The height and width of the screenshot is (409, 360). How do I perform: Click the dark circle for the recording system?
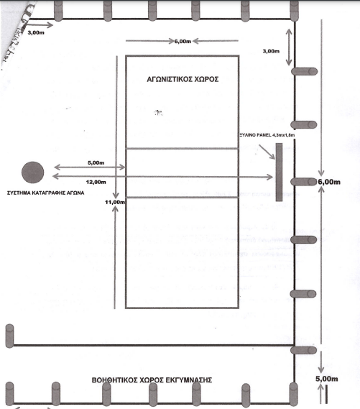32,173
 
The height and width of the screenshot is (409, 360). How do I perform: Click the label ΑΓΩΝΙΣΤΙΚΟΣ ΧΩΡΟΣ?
183,79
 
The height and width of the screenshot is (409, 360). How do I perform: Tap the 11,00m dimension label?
115,202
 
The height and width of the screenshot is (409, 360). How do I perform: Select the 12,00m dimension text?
96,182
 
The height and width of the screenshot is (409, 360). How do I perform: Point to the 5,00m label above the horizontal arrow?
96,162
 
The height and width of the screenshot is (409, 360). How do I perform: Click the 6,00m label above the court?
183,41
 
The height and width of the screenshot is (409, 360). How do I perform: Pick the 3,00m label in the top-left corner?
36,32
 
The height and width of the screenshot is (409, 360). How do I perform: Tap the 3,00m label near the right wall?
271,51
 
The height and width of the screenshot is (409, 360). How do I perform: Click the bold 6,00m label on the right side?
329,182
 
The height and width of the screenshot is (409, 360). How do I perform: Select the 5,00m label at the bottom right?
327,379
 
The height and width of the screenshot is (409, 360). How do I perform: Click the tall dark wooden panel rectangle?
279,173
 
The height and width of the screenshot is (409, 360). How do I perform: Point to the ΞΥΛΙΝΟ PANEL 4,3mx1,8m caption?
267,135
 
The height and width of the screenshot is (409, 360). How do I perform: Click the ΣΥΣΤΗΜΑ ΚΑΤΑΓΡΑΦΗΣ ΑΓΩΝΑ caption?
45,193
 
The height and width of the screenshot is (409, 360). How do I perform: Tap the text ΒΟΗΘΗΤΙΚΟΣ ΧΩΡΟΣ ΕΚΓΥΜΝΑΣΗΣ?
152,380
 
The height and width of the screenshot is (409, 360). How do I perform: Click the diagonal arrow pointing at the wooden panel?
267,152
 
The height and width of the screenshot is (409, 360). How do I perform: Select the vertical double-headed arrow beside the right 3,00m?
289,47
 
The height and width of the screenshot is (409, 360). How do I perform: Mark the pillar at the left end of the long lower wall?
9,336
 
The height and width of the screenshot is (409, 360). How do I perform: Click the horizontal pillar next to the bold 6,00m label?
304,182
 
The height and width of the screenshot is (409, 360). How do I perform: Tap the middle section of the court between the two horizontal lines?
183,173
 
